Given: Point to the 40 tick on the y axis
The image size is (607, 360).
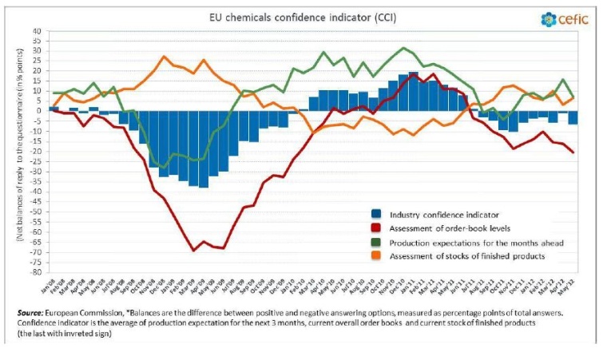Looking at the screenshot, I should point(37,30).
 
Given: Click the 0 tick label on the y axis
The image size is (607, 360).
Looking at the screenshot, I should point(39,111).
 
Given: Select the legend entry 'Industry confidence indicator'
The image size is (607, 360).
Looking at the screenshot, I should point(442,215).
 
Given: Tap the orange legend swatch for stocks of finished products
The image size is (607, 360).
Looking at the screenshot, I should point(375,255).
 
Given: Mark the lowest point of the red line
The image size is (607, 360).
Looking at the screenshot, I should point(193,251).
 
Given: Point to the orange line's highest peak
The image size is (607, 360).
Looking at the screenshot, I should point(164,57).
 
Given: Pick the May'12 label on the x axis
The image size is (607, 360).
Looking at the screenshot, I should point(573,285).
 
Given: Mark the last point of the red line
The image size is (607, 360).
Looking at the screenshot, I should point(573,152).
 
